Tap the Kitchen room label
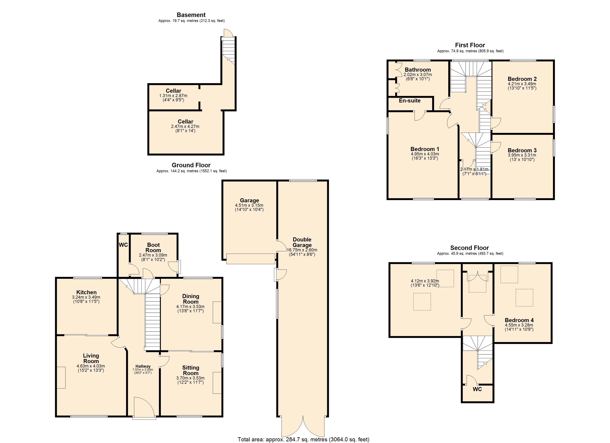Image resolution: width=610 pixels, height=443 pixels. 86,292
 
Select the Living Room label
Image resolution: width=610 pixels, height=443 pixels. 91,358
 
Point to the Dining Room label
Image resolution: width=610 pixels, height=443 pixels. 191,299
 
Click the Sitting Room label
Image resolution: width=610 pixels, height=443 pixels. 191,370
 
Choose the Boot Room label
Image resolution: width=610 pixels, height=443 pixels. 153,247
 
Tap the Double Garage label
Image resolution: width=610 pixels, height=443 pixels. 302,242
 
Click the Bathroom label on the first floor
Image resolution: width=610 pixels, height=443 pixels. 418,70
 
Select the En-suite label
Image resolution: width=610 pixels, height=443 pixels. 410,100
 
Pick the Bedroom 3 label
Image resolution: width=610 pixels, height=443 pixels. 522,150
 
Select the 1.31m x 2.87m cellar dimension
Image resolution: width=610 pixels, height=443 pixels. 173,96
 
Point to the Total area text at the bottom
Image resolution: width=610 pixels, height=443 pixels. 303,439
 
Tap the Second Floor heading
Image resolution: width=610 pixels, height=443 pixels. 470,248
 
